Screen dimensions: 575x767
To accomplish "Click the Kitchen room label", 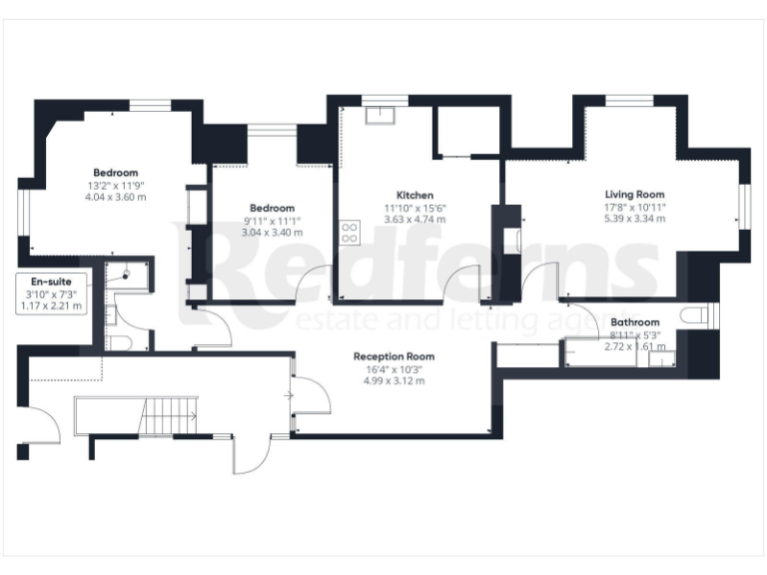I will point(413,195).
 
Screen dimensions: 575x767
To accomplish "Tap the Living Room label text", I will point(634,195).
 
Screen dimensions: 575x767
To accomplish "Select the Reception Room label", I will point(393,356).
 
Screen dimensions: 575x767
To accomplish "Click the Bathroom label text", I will point(635,322).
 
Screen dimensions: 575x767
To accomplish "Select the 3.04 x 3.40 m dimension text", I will point(272,233).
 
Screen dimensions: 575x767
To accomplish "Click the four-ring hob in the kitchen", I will point(350,234).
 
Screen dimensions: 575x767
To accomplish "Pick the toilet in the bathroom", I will point(697,316).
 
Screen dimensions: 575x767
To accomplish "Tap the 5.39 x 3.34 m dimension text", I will point(634,219).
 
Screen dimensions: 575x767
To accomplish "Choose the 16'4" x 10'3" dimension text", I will point(393,368).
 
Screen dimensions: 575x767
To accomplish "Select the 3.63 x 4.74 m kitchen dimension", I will point(413,219).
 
